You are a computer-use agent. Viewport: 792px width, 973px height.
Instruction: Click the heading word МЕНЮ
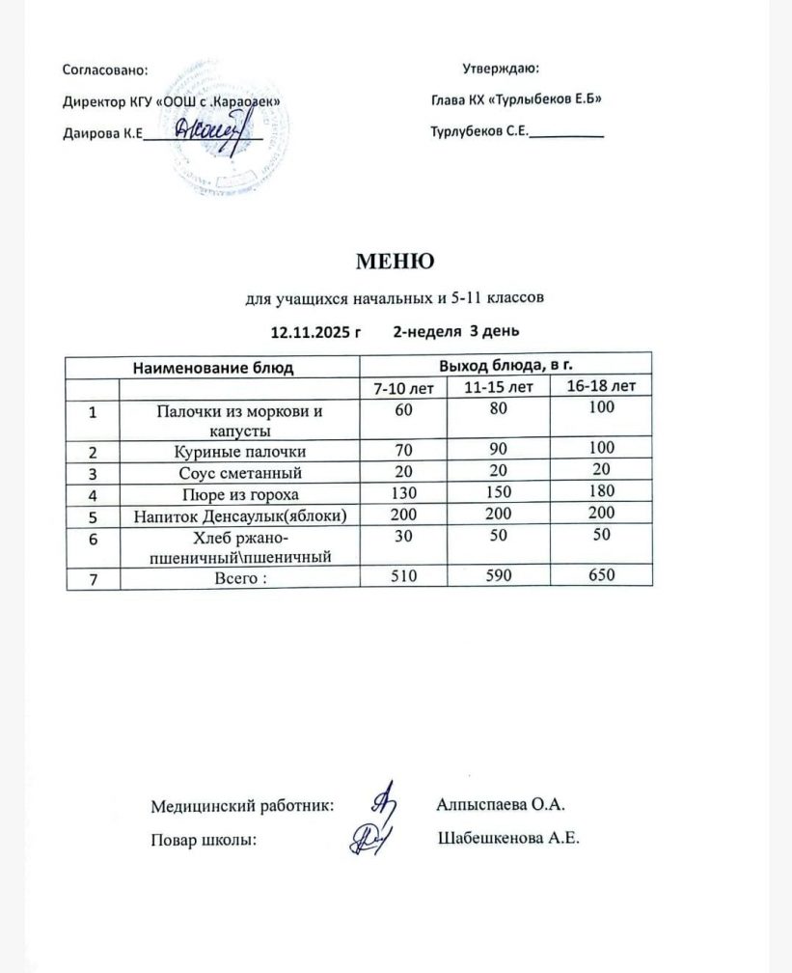click(396, 261)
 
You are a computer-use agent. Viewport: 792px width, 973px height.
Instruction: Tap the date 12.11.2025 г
click(314, 332)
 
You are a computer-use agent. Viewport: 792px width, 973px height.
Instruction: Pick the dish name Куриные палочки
click(238, 452)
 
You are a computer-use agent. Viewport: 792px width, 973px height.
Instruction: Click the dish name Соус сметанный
click(238, 473)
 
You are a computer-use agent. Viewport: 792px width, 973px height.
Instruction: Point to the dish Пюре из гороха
click(238, 494)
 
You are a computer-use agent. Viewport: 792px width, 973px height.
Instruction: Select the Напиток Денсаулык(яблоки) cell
click(238, 515)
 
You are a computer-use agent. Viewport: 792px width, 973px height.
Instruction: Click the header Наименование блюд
click(212, 368)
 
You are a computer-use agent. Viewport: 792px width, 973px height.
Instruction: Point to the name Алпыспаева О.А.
click(500, 804)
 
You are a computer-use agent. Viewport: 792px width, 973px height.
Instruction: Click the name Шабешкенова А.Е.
click(508, 839)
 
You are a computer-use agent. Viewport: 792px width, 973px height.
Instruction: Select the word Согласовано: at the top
click(105, 69)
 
